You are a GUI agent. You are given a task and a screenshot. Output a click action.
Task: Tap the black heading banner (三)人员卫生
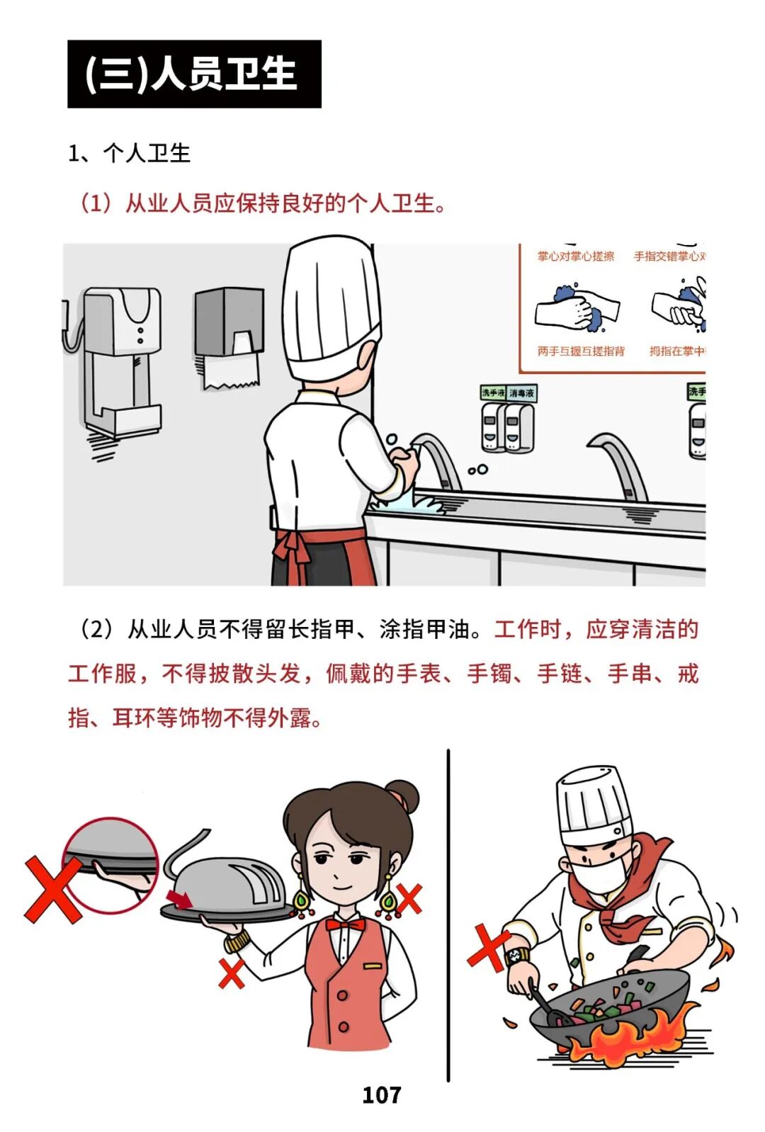point(194,74)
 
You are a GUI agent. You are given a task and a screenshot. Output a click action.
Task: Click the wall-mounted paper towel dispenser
point(230,338)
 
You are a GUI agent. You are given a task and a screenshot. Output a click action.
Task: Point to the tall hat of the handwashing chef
point(331,306)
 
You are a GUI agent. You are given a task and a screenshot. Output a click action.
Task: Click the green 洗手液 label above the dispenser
point(493,392)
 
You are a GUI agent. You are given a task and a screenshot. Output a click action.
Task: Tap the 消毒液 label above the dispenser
point(521,393)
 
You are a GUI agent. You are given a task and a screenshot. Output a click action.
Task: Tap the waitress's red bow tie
point(345,925)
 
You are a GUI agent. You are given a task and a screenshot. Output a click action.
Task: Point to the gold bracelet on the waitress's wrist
point(237,940)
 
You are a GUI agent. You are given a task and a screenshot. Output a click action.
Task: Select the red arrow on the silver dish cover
point(180,899)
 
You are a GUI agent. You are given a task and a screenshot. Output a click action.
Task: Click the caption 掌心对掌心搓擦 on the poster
point(575,256)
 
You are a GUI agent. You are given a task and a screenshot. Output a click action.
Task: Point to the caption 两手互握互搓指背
point(581,351)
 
